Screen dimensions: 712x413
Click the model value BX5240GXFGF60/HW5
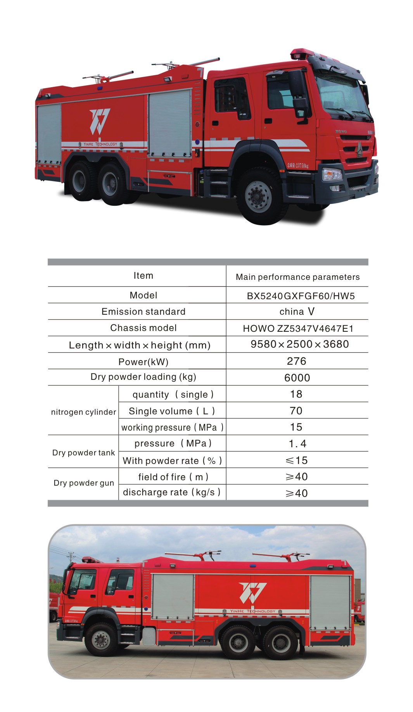(301, 296)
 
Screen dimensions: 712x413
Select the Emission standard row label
(143, 312)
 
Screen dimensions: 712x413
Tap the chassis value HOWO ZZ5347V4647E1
(298, 329)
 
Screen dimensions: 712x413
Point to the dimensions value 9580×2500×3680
(299, 344)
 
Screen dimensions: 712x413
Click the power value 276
(297, 361)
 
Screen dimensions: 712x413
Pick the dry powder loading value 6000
(297, 378)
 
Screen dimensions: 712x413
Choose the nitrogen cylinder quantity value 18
(296, 394)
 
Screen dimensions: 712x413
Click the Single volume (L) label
(172, 411)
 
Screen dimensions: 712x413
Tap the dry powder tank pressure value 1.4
(297, 444)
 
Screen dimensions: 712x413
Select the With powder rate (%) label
(172, 460)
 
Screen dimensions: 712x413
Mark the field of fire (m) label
(173, 477)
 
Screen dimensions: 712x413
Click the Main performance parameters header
(297, 277)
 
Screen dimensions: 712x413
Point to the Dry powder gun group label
(84, 483)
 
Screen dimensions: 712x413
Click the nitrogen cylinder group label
(83, 412)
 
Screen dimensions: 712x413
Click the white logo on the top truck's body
(100, 121)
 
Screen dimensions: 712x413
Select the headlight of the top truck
(332, 174)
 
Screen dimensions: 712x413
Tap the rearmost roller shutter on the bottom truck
(330, 602)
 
